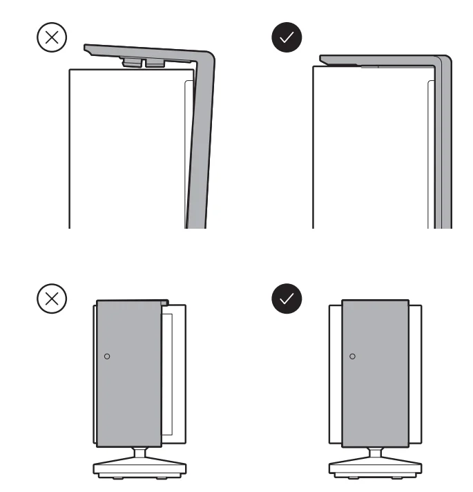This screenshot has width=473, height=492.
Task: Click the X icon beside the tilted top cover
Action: tap(51, 39)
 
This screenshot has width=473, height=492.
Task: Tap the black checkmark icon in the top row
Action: tap(289, 39)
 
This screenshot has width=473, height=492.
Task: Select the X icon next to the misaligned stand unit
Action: tap(51, 299)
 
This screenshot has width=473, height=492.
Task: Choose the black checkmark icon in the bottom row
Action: tap(289, 299)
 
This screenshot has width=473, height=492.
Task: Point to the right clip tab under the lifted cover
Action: tap(155, 63)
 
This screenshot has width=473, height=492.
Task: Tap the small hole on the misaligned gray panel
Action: tap(106, 356)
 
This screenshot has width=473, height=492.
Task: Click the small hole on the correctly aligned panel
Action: tap(352, 356)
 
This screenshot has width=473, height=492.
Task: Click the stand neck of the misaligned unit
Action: tap(141, 451)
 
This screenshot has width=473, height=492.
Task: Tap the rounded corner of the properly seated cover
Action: tap(445, 61)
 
